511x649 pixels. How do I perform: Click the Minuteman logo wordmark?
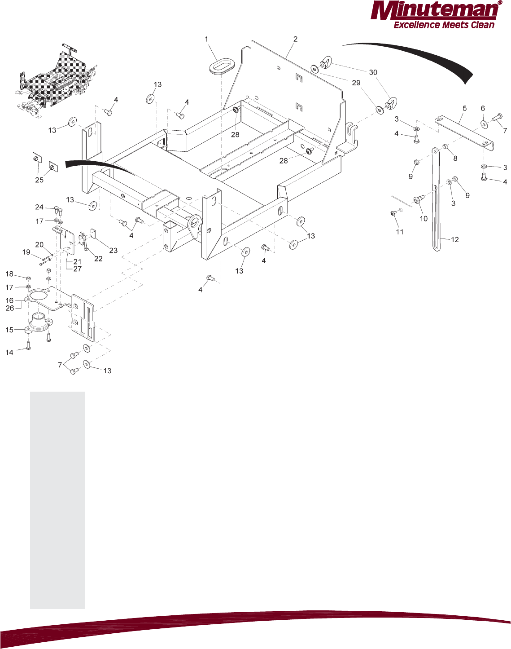coord(434,11)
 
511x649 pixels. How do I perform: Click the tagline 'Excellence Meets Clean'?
coord(444,25)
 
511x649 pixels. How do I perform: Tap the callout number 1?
coord(206,39)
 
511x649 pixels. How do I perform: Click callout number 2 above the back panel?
coord(295,39)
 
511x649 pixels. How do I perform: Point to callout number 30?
coord(373,72)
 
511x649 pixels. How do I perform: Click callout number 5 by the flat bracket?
coord(464,108)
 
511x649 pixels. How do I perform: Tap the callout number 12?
coord(455,239)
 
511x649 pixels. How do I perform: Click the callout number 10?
coord(424,218)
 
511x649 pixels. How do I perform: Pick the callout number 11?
coord(399,232)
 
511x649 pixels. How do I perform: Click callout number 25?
coord(39,180)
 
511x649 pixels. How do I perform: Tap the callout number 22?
coord(98,259)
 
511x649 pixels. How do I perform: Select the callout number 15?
coord(9,330)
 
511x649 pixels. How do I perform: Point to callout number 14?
coord(9,353)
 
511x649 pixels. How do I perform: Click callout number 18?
coord(9,274)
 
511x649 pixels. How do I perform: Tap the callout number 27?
coord(78,269)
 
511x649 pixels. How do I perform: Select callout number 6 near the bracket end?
coord(483,108)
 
